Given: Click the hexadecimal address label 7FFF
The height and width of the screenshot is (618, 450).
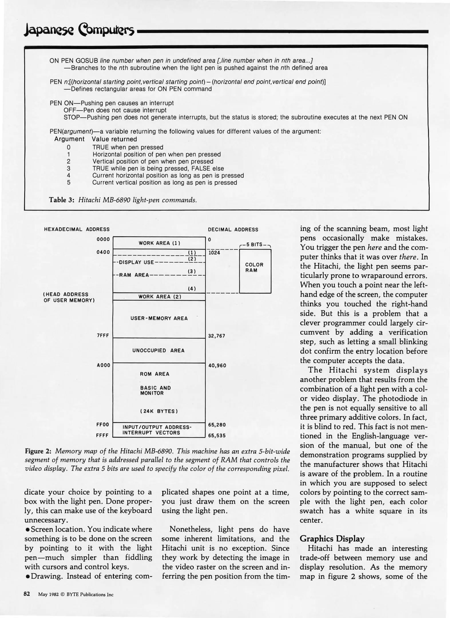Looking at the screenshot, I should [103, 336].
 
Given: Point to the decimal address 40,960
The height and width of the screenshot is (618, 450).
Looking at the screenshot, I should [217, 365].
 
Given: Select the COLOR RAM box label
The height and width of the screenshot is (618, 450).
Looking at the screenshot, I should [254, 268].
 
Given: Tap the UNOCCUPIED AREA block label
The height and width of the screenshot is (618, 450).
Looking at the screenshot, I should [158, 350].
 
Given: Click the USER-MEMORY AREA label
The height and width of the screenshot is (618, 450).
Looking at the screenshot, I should [159, 318].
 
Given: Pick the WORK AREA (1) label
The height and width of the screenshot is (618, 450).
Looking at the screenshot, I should [159, 243].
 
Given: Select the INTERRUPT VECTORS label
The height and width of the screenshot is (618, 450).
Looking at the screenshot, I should [151, 433].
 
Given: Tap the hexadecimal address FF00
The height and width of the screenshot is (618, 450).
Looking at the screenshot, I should [103, 425].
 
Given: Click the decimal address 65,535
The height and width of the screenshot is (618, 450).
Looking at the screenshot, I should [217, 436].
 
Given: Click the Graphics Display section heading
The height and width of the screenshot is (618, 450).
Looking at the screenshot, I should [332, 539].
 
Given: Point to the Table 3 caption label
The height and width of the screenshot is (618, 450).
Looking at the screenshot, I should [62, 200].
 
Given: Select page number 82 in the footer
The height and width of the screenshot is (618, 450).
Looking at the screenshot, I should [27, 594].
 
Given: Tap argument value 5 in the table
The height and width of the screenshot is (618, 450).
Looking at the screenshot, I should [69, 183].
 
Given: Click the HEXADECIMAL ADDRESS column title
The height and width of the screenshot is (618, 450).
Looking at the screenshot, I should [77, 229].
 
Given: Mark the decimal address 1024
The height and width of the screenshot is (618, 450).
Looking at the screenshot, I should [214, 253].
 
